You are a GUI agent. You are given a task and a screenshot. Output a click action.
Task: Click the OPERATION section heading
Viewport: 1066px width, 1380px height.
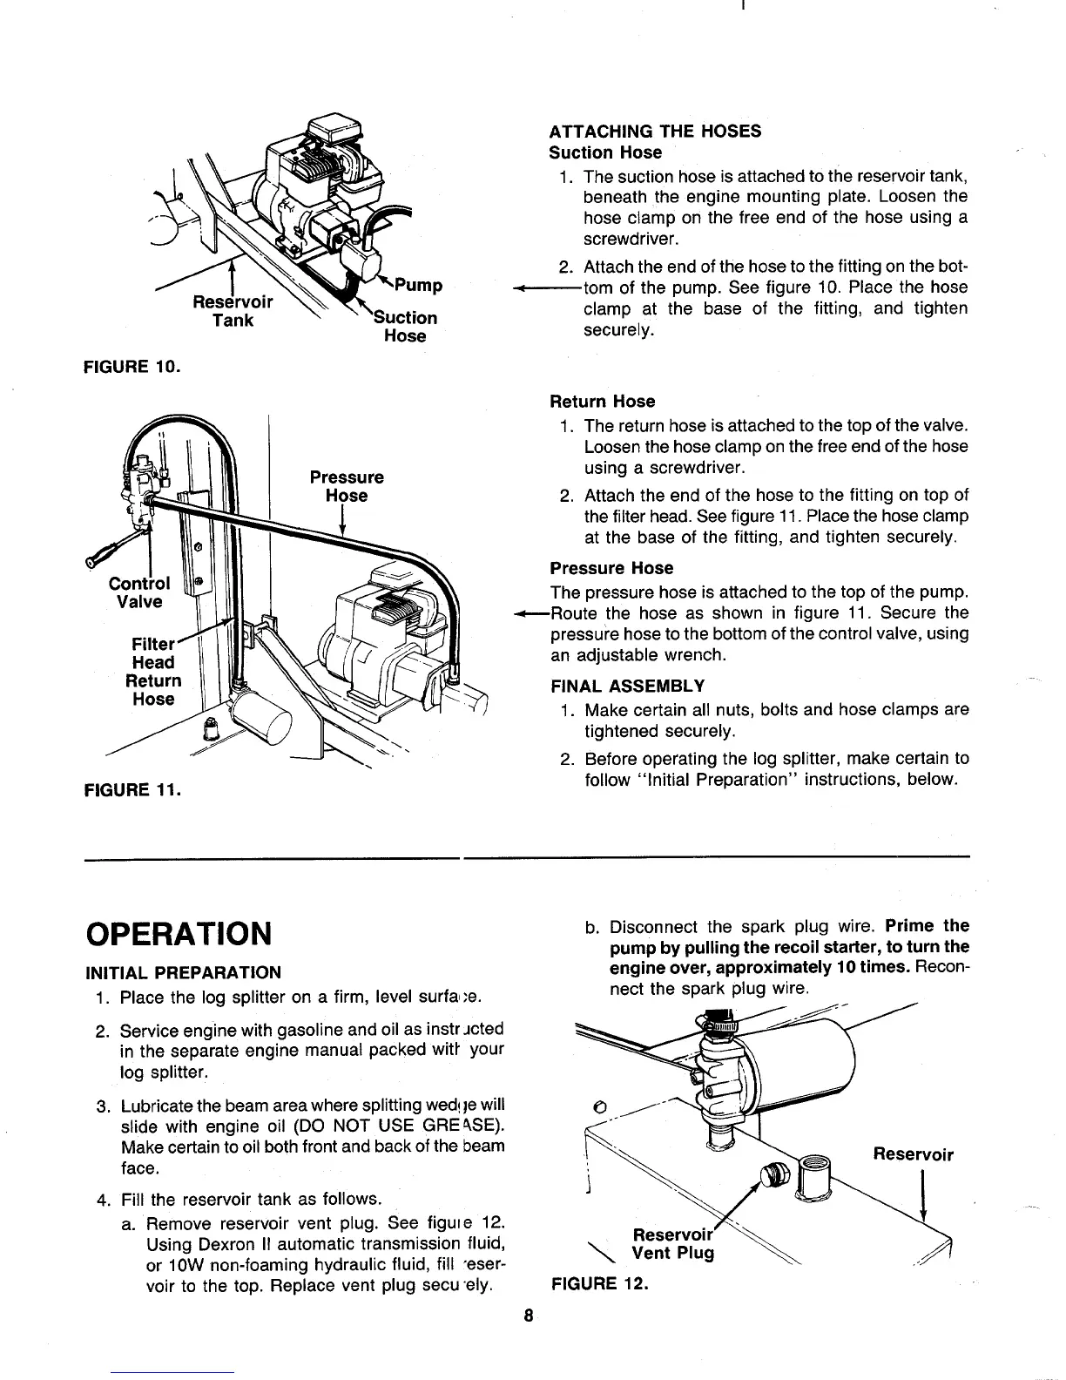[179, 933]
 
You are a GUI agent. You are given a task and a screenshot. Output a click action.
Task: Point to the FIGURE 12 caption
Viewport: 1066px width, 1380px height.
[601, 1284]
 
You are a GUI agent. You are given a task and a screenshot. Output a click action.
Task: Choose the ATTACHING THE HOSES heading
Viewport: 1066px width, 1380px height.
[655, 132]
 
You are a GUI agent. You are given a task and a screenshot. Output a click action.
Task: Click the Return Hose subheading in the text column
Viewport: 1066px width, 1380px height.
[602, 402]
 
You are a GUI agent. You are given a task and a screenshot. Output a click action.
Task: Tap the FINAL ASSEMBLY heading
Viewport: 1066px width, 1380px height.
[627, 685]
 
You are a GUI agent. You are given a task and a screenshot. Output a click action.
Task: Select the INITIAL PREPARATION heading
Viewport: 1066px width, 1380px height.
[183, 972]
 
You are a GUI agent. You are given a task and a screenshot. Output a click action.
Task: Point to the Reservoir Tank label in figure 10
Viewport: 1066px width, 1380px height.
[233, 311]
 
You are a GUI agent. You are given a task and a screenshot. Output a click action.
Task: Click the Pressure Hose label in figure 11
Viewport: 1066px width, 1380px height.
[346, 487]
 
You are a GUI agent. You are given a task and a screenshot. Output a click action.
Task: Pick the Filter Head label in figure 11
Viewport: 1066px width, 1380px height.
[152, 653]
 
